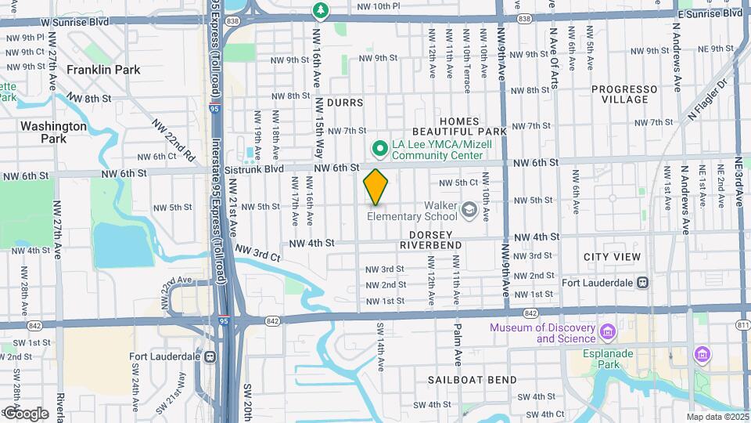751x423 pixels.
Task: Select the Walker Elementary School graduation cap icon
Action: point(469,208)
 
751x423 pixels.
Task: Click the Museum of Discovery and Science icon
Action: point(607,334)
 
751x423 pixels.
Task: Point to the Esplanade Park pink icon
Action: point(702,355)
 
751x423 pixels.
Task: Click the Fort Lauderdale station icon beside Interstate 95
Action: point(210,356)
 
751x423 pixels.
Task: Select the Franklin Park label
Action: point(103,70)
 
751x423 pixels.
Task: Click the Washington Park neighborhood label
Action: point(53,132)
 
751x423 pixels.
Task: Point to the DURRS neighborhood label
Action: point(345,103)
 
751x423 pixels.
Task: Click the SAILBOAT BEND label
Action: point(472,380)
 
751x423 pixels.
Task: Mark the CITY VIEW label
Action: point(612,257)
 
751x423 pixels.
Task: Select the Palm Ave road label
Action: point(458,345)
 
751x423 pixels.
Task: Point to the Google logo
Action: point(26,413)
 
